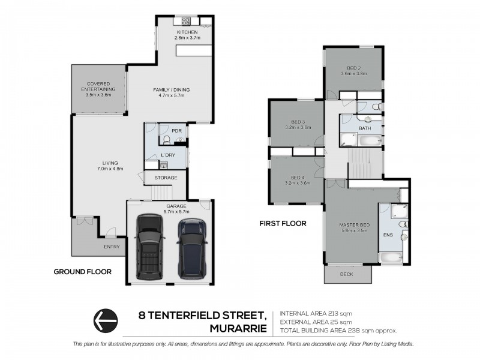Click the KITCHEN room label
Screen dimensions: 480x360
click(187, 32)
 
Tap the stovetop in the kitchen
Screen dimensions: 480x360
click(186, 21)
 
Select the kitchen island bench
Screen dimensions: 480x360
click(194, 50)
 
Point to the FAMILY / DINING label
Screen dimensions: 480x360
click(172, 89)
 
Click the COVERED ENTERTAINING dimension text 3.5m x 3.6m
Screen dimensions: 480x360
click(98, 95)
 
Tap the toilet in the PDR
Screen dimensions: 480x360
click(167, 140)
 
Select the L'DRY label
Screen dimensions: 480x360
click(168, 155)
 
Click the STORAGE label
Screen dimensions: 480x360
click(166, 178)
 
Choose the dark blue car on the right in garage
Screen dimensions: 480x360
click(192, 248)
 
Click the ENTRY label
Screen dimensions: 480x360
click(112, 247)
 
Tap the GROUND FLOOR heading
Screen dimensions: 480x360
click(83, 272)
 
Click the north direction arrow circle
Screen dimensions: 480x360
click(106, 320)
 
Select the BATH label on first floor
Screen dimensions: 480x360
click(365, 128)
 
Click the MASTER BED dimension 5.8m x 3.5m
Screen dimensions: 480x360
click(355, 230)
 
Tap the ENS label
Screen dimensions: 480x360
click(388, 235)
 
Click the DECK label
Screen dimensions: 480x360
click(347, 274)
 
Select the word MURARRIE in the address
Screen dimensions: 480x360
click(238, 329)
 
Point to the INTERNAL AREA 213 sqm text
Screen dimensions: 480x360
click(316, 313)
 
